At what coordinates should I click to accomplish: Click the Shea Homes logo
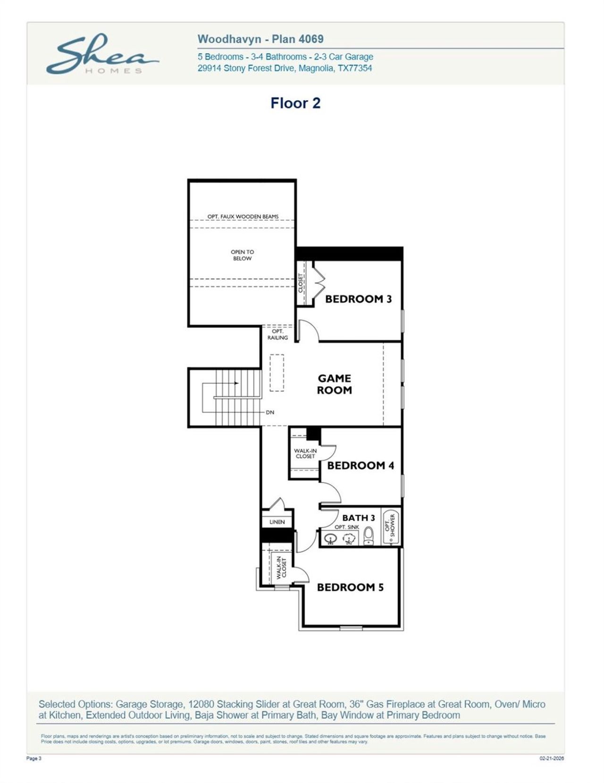[x=101, y=54]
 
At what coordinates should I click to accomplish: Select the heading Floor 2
[x=295, y=103]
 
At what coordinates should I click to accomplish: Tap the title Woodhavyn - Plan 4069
[x=260, y=39]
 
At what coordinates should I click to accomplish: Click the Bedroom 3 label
[x=358, y=299]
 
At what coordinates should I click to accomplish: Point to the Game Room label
[x=334, y=384]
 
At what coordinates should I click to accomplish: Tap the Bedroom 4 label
[x=361, y=466]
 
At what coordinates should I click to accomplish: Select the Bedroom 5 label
[x=350, y=587]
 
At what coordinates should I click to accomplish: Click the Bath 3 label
[x=359, y=518]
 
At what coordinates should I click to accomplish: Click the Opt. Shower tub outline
[x=390, y=527]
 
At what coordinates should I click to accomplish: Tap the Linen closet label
[x=277, y=522]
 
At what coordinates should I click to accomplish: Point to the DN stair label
[x=270, y=412]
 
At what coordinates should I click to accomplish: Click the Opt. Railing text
[x=277, y=334]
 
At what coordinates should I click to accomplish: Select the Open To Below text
[x=242, y=255]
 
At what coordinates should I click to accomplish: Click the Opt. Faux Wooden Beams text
[x=243, y=216]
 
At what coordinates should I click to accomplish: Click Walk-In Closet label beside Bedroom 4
[x=305, y=453]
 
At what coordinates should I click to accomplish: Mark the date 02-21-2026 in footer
[x=552, y=758]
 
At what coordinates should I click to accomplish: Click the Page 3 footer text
[x=34, y=758]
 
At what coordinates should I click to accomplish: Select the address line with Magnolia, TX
[x=285, y=68]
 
